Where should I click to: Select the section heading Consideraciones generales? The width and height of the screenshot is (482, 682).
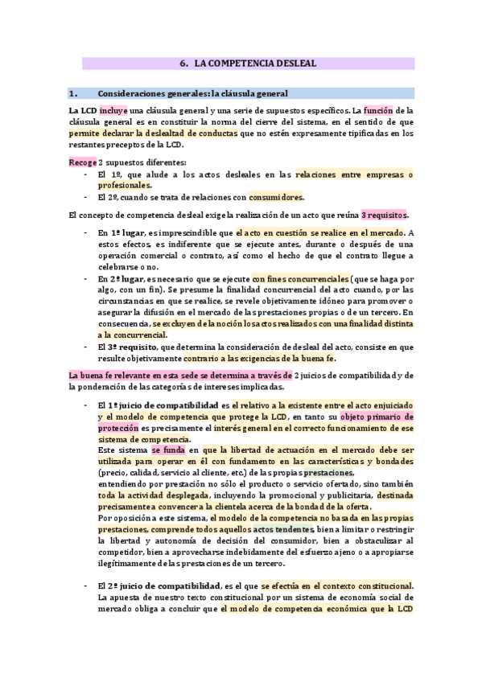[x=192, y=93]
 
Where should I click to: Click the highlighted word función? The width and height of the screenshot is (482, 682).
[x=377, y=109]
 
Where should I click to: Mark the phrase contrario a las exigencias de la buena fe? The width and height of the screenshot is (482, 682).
[x=259, y=358]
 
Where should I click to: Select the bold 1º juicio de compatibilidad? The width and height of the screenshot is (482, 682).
[x=163, y=405]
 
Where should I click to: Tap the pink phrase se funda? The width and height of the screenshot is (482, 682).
[x=167, y=451]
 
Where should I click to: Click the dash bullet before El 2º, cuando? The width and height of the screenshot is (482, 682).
[x=86, y=198]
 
